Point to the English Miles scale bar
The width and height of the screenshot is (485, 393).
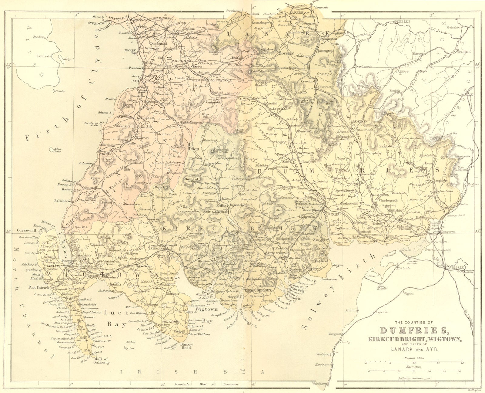414,363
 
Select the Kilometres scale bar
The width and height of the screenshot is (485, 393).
414,371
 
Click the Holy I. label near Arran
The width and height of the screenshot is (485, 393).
69,59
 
